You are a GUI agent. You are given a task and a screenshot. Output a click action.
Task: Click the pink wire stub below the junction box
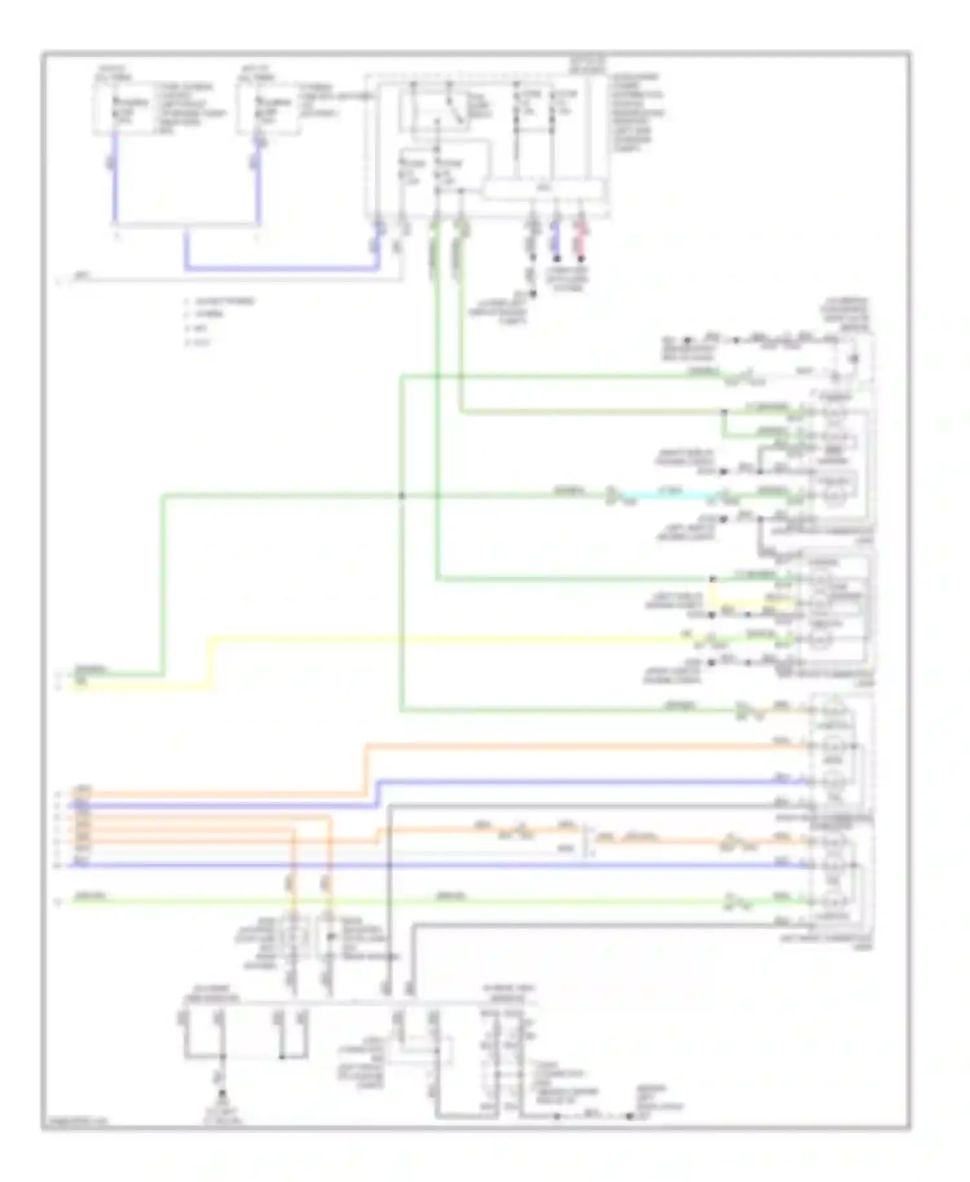tap(581, 242)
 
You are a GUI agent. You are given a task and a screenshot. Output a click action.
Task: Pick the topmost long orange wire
tap(582, 746)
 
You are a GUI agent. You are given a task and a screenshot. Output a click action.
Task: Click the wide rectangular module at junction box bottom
tap(543, 189)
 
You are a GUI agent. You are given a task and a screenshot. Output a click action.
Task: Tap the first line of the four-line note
tap(220, 301)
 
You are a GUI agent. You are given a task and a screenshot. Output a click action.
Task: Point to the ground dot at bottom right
tap(629, 1116)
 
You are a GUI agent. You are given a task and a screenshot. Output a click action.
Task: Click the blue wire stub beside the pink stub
tap(557, 242)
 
